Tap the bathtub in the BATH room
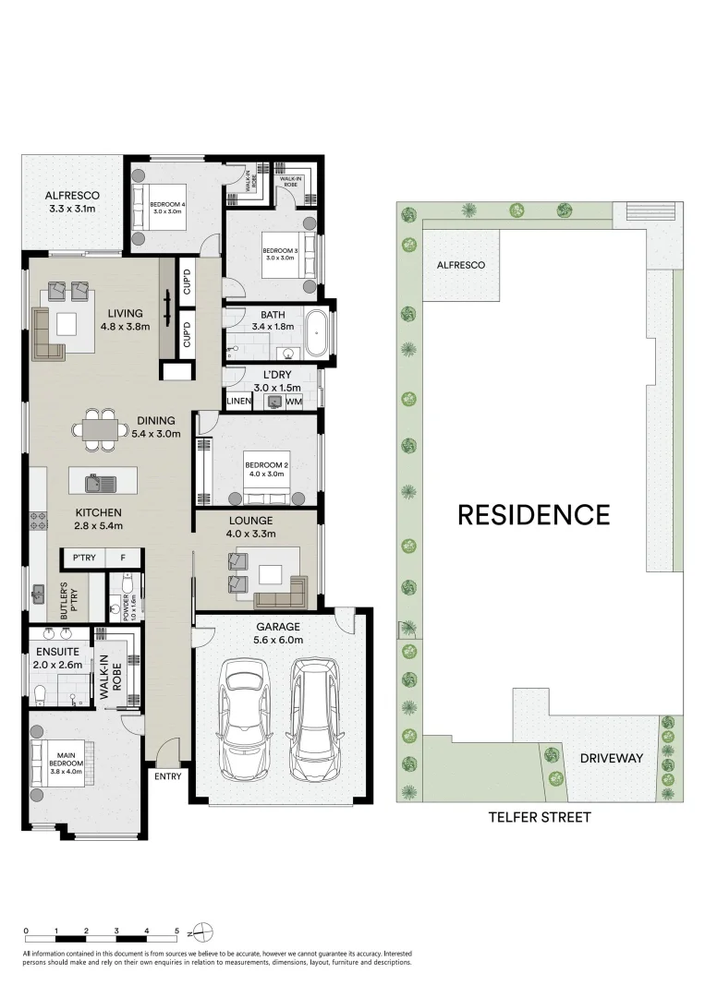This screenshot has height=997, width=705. (x=317, y=334)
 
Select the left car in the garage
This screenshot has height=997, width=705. (x=241, y=719)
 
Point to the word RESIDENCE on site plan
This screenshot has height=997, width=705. (x=534, y=514)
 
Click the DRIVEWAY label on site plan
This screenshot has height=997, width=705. (x=611, y=758)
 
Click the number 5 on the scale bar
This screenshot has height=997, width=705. (x=176, y=931)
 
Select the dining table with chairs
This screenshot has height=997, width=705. (x=100, y=429)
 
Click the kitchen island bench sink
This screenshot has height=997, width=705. (x=93, y=481)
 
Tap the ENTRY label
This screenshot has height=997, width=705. (x=168, y=776)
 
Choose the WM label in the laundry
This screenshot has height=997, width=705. (x=294, y=402)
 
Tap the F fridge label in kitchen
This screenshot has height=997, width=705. (x=123, y=558)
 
